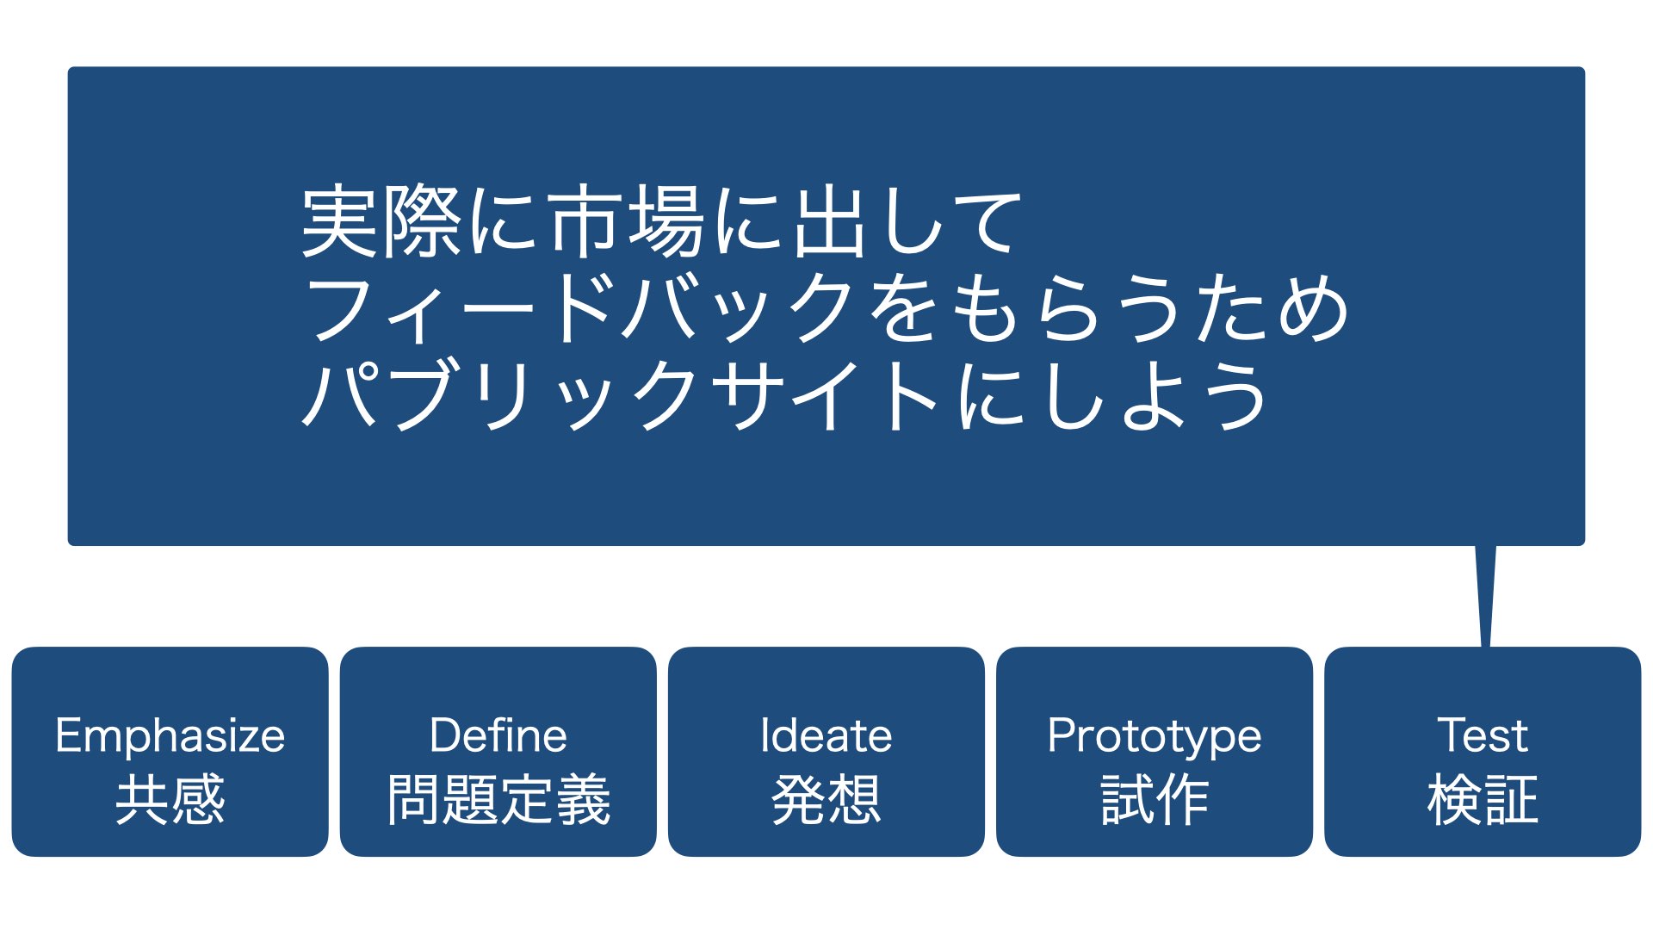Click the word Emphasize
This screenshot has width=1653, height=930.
(170, 736)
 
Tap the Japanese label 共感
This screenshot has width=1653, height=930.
(170, 800)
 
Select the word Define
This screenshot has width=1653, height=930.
(498, 736)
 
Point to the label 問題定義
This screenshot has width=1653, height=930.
(498, 800)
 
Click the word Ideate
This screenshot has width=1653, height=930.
(826, 736)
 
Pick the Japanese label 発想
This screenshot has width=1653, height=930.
(826, 800)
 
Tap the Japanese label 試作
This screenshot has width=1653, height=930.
(1155, 800)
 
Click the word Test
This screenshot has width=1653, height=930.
(1483, 736)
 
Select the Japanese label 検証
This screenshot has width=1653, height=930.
(1483, 800)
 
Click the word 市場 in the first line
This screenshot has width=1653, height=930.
(628, 222)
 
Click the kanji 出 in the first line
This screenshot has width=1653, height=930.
(829, 222)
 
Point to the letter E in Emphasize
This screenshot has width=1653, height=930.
(68, 735)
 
